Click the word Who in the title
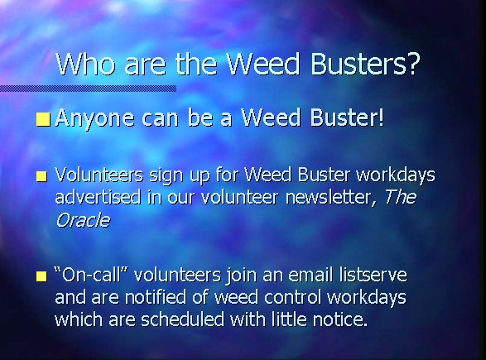(x=85, y=64)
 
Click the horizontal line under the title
(x=89, y=89)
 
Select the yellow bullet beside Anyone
(x=43, y=120)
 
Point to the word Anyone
(x=95, y=119)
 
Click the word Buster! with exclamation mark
(x=347, y=118)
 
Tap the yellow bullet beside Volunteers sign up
(x=42, y=176)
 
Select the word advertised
(x=98, y=197)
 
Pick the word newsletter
(x=330, y=198)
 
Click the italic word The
(x=400, y=197)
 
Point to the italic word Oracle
(x=83, y=220)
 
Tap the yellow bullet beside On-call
(x=42, y=276)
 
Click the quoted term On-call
(x=91, y=275)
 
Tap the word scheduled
(x=182, y=319)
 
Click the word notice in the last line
(x=340, y=319)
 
